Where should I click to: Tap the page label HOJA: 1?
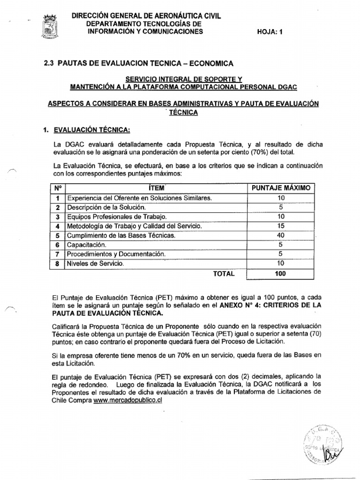[x=271, y=31]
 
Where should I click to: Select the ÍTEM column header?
[x=156, y=188]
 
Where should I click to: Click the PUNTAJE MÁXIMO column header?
[x=281, y=188]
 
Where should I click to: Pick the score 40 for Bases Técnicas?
[x=281, y=235]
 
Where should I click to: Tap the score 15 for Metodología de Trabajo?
[x=281, y=226]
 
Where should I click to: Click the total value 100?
[x=281, y=273]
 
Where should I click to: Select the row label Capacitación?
[x=87, y=245]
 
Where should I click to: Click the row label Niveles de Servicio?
[x=96, y=264]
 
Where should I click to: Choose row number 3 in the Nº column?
[x=57, y=217]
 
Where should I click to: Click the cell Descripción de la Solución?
[x=106, y=207]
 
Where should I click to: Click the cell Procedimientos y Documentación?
[x=117, y=254]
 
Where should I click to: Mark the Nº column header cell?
[x=57, y=188]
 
